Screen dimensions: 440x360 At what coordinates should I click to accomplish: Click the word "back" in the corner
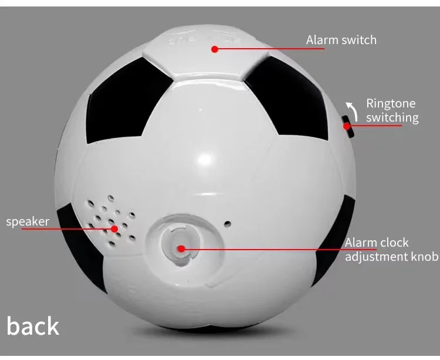point(33,327)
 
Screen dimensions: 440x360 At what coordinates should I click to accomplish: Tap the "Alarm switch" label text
point(341,40)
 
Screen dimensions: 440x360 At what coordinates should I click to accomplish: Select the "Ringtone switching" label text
point(392,110)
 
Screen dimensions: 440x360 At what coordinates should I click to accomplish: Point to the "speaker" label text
point(27,221)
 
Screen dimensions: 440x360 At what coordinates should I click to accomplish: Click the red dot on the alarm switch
point(215,49)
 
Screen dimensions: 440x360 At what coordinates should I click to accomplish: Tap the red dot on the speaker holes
point(115,228)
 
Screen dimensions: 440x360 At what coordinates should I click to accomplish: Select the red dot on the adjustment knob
point(181,248)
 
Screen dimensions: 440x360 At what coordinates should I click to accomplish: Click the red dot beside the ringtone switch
point(347,125)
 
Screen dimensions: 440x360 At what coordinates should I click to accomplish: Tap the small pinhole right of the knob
point(228,223)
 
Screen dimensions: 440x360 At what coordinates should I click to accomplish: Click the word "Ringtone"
point(391,104)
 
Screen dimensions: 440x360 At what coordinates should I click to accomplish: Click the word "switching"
point(392,117)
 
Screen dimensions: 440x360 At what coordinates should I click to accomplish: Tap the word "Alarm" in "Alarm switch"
point(321,40)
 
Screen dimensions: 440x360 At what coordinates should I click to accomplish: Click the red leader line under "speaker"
point(59,228)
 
